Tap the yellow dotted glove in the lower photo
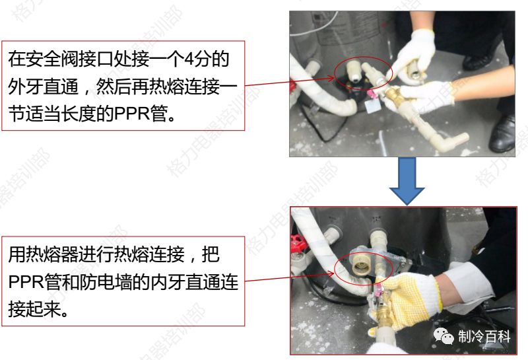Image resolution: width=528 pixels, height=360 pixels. click(x=409, y=297)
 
